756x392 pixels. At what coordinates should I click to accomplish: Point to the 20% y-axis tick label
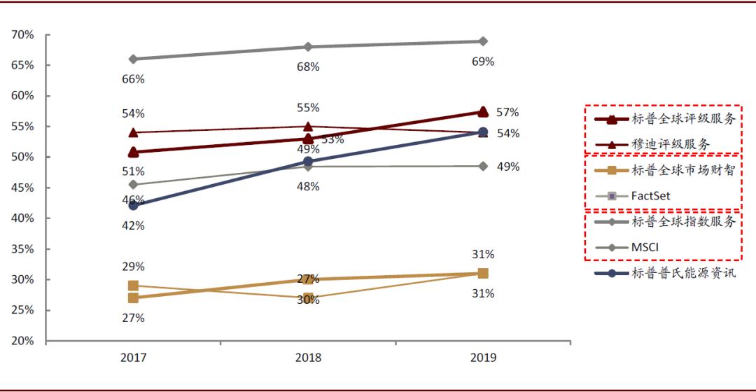click(x=23, y=341)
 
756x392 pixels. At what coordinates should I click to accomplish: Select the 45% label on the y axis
click(x=23, y=188)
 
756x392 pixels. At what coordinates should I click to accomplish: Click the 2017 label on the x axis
click(x=133, y=358)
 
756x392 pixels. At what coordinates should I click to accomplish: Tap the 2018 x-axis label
click(x=308, y=358)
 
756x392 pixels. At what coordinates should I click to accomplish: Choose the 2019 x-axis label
click(x=483, y=358)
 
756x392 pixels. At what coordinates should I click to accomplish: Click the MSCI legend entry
click(x=645, y=247)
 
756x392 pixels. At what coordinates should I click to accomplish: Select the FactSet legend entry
click(x=650, y=196)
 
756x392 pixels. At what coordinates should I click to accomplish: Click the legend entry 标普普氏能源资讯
click(x=683, y=273)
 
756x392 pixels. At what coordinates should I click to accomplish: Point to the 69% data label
click(x=483, y=62)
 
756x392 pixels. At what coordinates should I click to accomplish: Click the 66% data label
click(x=133, y=79)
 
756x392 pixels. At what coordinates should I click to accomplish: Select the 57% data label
click(x=508, y=112)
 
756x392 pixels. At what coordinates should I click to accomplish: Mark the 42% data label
click(x=133, y=225)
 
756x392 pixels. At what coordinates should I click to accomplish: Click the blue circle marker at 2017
click(x=133, y=205)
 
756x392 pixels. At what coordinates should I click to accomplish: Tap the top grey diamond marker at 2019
click(x=483, y=41)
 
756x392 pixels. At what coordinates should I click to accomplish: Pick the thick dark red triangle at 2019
click(x=483, y=111)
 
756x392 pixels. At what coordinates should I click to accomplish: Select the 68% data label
click(x=308, y=67)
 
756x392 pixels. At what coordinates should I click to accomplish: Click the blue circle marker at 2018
click(x=308, y=162)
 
